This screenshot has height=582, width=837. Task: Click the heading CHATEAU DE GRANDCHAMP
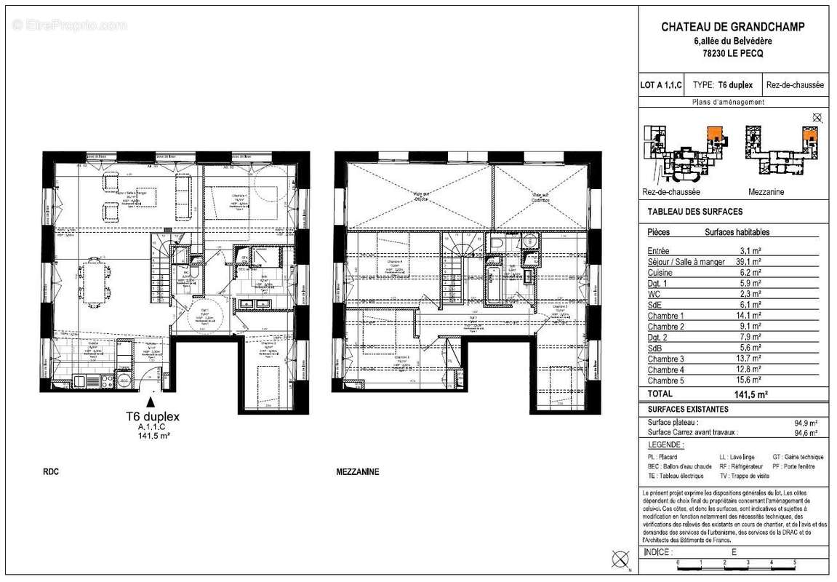[x=733, y=27]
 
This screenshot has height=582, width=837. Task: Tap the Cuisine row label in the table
[x=660, y=272]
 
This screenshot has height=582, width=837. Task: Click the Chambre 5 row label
[x=665, y=380]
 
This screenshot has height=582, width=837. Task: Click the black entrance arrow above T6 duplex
[x=151, y=399]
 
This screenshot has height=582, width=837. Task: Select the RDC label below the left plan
[x=51, y=472]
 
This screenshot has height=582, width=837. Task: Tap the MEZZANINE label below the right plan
[x=358, y=472]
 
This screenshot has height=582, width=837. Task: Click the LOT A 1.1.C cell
[x=661, y=85]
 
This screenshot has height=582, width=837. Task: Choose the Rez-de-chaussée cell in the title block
[x=795, y=85]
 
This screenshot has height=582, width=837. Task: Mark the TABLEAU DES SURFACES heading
[x=694, y=212]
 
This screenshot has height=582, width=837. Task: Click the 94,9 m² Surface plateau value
[x=806, y=422]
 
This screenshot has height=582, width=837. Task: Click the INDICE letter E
[x=734, y=552]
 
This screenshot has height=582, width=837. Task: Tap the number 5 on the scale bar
[x=794, y=563]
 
